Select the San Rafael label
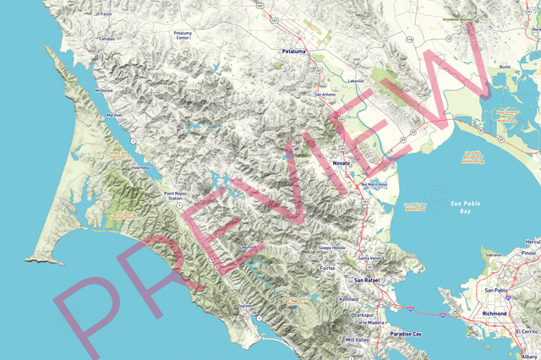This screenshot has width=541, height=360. coord(369,280)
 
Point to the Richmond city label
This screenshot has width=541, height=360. coord(493,314)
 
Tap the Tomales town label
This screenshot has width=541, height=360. coord(107,38)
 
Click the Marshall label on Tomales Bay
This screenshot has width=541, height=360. coord(115,114)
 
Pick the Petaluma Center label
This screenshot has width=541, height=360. coord(183,35)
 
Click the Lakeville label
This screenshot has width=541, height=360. coord(356,81)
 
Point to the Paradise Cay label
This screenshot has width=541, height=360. coord(406,335)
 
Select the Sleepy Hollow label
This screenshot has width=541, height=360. coord(332,248)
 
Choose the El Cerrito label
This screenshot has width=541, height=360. coord(524,332)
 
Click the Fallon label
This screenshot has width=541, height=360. coord(106,14)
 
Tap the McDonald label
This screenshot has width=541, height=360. coord(104,89)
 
